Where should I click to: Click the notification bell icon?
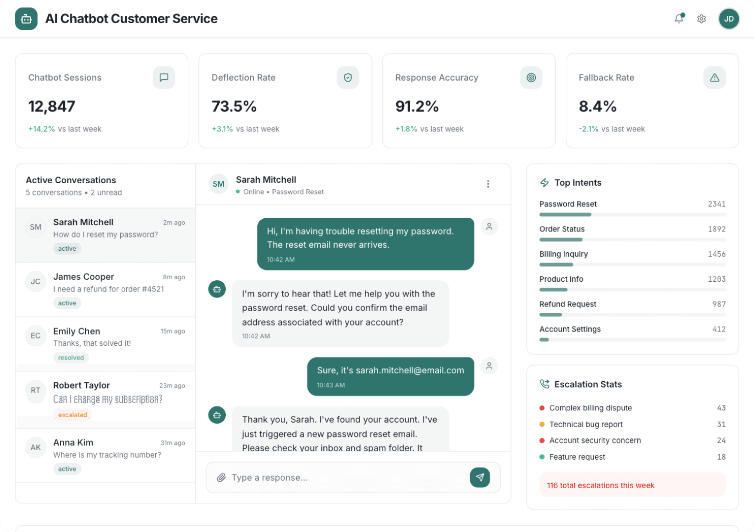click(679, 19)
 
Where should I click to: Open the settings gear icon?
click(701, 19)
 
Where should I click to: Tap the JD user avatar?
click(728, 19)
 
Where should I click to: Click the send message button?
click(480, 477)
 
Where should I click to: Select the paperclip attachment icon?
click(221, 477)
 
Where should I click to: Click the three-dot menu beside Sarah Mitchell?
click(488, 184)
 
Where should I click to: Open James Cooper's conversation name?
click(83, 277)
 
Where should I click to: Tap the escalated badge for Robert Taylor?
click(72, 415)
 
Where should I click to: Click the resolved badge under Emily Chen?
click(71, 358)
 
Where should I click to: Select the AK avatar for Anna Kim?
click(35, 447)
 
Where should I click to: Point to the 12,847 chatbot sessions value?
click(52, 106)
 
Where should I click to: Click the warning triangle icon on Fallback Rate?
click(714, 78)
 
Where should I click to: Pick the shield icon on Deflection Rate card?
click(347, 78)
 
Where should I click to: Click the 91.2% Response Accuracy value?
click(417, 106)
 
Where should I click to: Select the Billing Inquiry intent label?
click(563, 254)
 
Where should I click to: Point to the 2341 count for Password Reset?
click(717, 204)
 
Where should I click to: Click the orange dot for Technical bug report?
click(542, 424)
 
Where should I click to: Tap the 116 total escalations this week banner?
click(632, 485)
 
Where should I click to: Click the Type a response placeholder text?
click(270, 477)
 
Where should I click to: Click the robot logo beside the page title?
click(26, 19)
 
